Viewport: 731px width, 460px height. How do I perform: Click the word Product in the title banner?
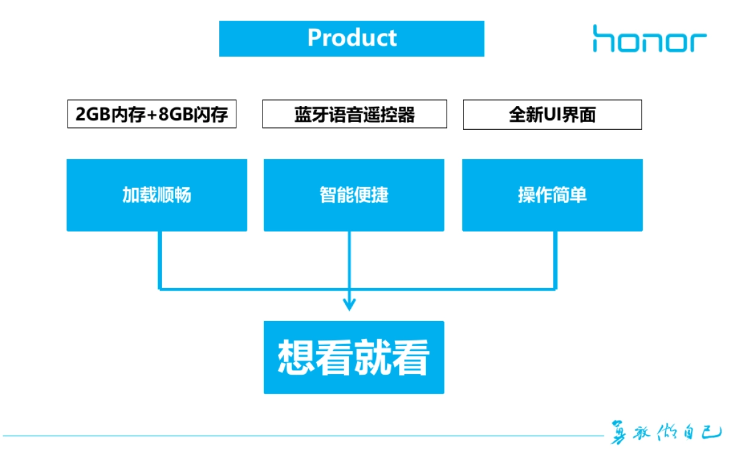(x=352, y=38)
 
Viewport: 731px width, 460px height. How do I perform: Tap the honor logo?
(x=649, y=38)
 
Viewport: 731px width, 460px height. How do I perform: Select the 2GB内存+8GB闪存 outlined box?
(x=151, y=115)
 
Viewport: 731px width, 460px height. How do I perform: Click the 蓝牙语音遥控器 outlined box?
(x=355, y=115)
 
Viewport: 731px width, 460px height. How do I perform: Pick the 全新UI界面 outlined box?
(x=552, y=115)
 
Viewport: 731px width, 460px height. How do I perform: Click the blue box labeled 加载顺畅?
(x=157, y=195)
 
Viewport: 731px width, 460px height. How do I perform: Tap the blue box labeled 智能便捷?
(x=353, y=195)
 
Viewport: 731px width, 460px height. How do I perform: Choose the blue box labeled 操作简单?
(x=552, y=195)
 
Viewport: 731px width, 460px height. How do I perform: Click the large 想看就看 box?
(x=353, y=357)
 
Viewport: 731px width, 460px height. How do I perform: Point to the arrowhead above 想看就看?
(x=349, y=303)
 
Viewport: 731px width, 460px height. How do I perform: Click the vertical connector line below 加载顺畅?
(x=160, y=259)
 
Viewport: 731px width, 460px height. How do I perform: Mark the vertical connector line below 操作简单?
(x=555, y=259)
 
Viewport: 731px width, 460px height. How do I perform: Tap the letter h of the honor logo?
(x=603, y=38)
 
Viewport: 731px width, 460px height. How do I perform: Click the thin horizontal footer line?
(x=305, y=436)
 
